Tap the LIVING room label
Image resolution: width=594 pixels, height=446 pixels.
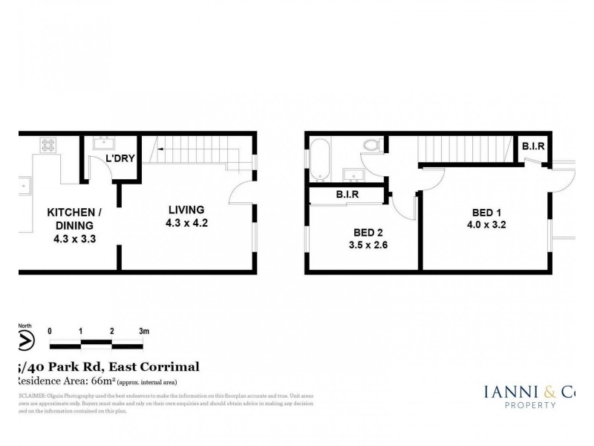tap(186, 209)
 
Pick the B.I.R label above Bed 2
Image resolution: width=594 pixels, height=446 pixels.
tap(347, 195)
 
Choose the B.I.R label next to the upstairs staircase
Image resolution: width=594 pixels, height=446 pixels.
tap(533, 146)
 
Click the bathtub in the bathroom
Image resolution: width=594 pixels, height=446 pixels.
tap(321, 158)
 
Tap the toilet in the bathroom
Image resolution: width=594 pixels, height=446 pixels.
tap(371, 146)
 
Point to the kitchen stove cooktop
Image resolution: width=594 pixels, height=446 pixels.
tap(50, 146)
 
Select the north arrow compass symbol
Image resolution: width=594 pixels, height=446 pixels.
tap(26, 340)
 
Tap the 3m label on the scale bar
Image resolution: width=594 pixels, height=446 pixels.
tap(143, 330)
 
